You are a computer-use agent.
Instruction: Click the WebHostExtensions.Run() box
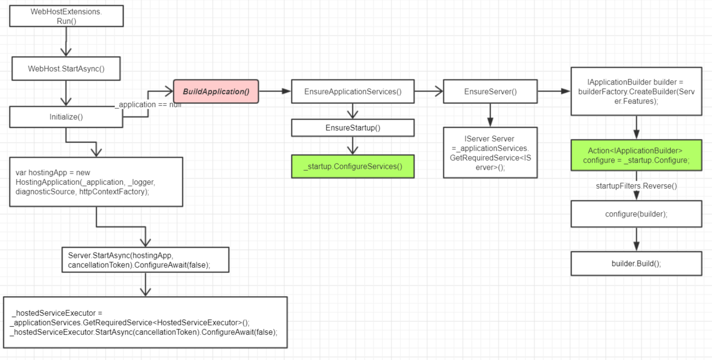66,16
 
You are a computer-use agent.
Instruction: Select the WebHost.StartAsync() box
66,69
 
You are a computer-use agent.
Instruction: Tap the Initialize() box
66,117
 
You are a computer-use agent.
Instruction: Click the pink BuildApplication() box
216,91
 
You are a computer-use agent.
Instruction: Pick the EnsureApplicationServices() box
353,91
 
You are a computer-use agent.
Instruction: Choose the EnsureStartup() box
353,127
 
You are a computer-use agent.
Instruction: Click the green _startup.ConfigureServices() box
353,167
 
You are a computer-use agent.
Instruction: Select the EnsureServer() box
490,91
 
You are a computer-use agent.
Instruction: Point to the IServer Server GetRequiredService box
490,152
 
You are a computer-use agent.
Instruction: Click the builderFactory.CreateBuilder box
636,91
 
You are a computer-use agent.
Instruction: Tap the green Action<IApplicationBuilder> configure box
636,155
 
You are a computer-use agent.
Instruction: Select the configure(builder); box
636,214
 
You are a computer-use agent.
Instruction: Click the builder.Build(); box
636,264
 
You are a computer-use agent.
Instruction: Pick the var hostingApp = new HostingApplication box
96,182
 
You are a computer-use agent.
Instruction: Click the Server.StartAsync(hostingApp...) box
145,260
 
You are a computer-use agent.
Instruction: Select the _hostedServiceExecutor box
145,323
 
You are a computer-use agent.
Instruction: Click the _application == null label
148,104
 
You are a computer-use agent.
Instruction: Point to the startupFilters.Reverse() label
636,186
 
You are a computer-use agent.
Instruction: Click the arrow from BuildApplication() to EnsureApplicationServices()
274,91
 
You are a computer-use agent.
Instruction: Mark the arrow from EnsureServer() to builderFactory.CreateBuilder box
554,91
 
